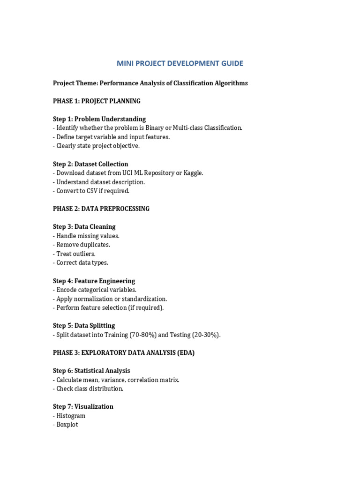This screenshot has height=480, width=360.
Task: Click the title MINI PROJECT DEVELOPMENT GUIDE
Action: pyautogui.click(x=180, y=63)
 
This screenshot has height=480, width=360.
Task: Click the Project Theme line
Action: pyautogui.click(x=150, y=83)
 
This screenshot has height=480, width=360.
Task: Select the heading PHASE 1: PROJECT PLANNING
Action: pyautogui.click(x=97, y=101)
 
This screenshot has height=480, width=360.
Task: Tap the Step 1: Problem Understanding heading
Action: pyautogui.click(x=99, y=119)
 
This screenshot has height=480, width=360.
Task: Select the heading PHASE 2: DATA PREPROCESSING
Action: pyautogui.click(x=101, y=209)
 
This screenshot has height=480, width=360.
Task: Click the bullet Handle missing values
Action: pyautogui.click(x=88, y=236)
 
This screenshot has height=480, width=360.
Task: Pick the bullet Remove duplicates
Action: pyautogui.click(x=83, y=245)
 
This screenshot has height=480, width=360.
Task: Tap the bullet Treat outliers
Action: pyautogui.click(x=75, y=254)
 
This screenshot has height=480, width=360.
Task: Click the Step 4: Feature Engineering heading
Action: pyautogui.click(x=94, y=281)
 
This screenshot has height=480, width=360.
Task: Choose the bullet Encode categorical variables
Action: pyautogui.click(x=96, y=290)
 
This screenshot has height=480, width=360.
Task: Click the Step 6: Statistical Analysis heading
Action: pyautogui.click(x=91, y=371)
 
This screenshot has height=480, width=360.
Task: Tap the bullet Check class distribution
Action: pyautogui.click(x=90, y=389)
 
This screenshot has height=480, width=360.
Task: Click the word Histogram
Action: pyautogui.click(x=71, y=416)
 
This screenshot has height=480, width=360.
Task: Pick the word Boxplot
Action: pyautogui.click(x=67, y=425)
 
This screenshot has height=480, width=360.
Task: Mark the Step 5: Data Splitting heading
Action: pyautogui.click(x=84, y=326)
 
